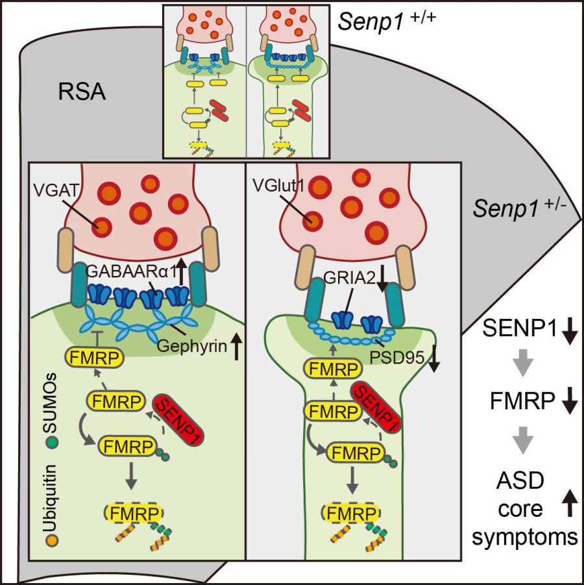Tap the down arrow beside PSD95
[x=434, y=358]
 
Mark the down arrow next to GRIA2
[x=382, y=281]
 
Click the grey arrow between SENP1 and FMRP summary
[x=524, y=366]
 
